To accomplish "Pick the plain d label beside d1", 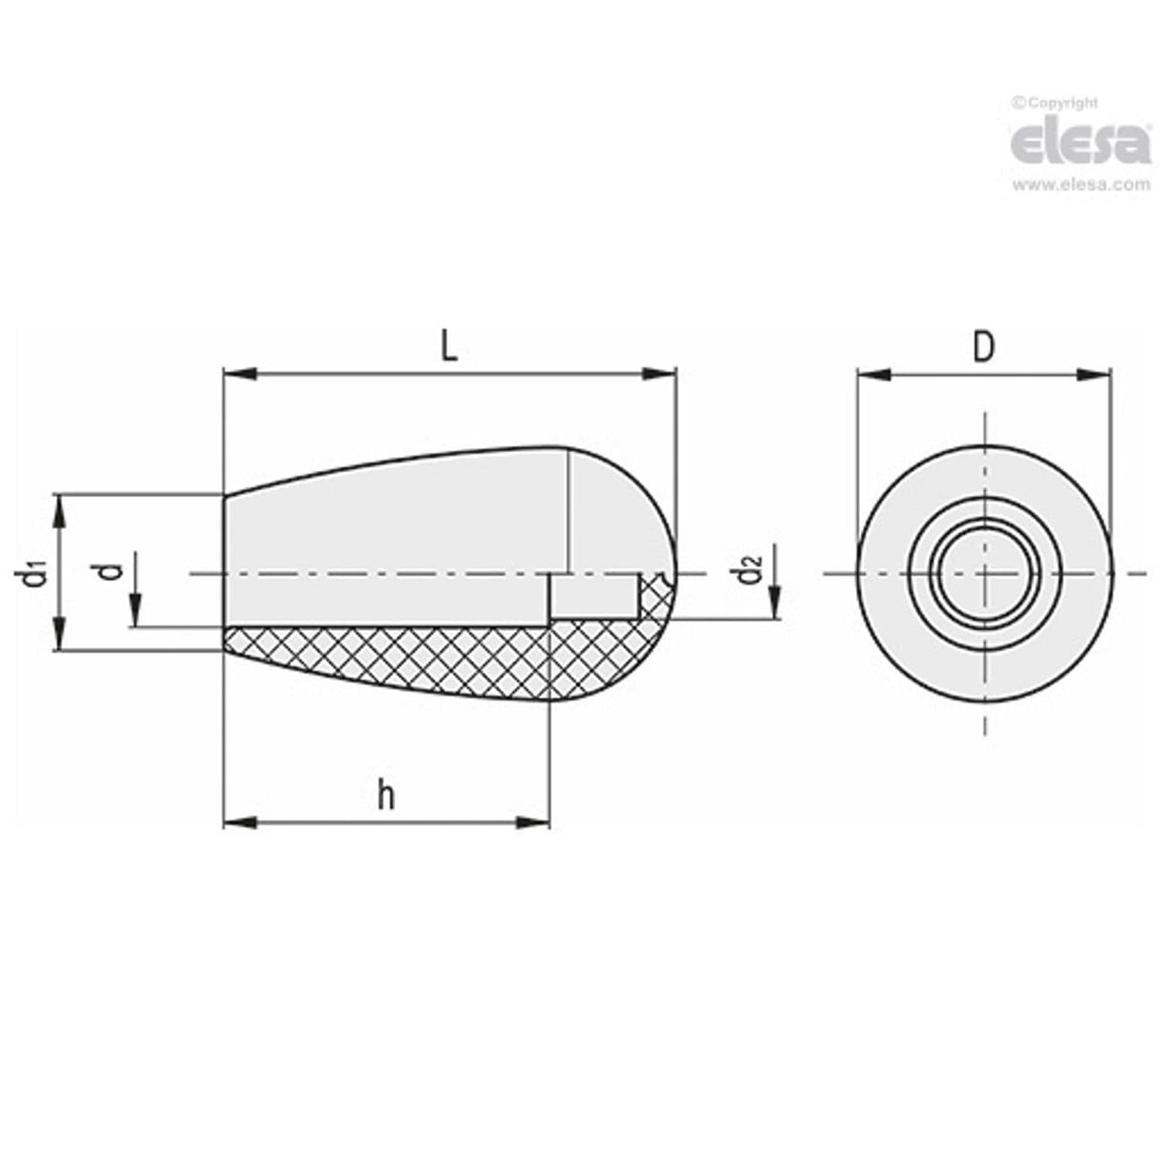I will click(112, 571).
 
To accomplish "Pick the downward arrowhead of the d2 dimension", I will click(776, 603).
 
